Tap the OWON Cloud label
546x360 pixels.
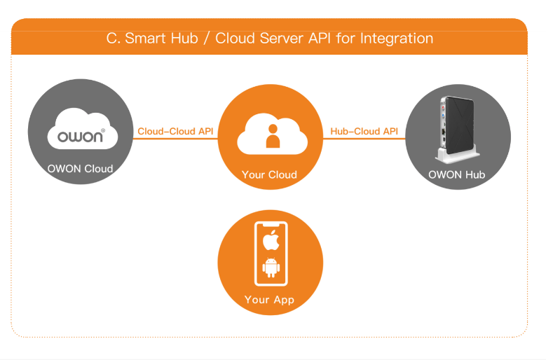[80, 169]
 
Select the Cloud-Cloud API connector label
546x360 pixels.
[175, 131]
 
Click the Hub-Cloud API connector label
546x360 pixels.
[364, 131]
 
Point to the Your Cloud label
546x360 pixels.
[270, 175]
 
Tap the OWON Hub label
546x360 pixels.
[456, 174]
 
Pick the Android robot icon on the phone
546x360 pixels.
[270, 268]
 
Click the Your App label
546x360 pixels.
[269, 300]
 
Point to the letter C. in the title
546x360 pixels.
[113, 38]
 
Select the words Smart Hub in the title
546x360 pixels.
[158, 38]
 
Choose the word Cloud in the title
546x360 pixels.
[234, 38]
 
